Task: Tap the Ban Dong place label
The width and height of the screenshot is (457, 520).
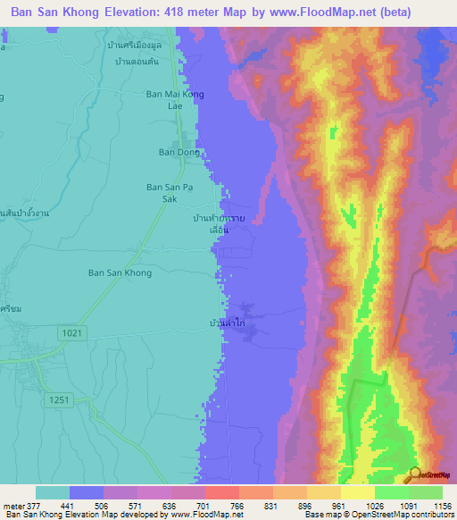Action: (x=179, y=152)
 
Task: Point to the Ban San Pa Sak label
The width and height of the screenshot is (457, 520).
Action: (x=169, y=194)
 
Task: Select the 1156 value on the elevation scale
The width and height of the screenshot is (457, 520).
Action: (x=441, y=504)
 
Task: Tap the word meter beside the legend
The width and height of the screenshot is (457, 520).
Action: (x=16, y=504)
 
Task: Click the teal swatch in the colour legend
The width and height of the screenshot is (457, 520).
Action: (x=53, y=492)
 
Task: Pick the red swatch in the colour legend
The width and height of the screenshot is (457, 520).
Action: (x=221, y=492)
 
